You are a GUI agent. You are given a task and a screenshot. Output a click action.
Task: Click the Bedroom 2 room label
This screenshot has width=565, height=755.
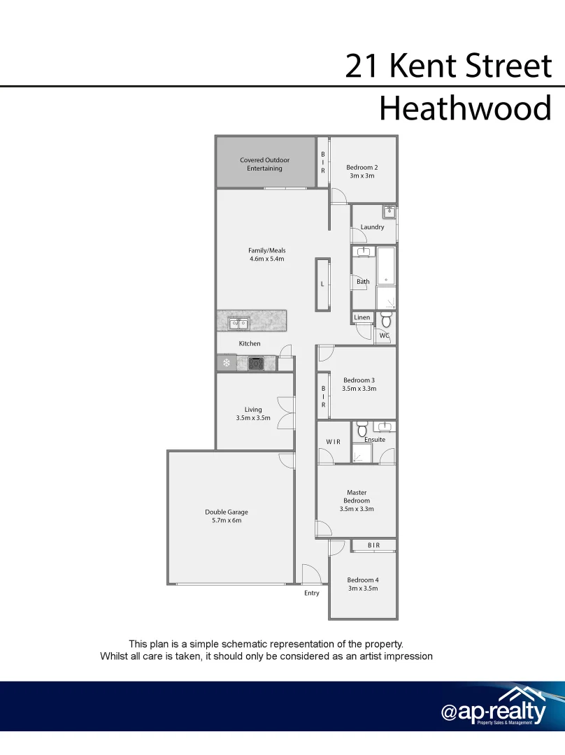click(362, 167)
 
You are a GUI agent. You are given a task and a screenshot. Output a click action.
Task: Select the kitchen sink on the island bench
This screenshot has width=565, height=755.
click(238, 323)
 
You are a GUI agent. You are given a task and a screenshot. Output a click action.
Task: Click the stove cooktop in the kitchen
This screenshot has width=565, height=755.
click(256, 364)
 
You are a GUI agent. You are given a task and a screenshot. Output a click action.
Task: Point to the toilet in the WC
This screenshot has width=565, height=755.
click(385, 320)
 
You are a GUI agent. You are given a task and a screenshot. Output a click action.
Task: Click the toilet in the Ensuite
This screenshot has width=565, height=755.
click(362, 429)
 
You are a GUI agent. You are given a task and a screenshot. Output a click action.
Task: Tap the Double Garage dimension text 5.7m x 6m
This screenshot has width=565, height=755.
click(226, 521)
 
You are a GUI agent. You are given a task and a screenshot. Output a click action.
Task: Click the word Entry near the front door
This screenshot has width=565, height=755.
click(312, 593)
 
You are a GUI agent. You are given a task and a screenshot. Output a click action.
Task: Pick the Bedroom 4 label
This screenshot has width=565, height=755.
click(363, 580)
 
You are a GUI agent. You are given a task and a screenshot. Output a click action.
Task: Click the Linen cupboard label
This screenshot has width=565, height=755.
click(362, 317)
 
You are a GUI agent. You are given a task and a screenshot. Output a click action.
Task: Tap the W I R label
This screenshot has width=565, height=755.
click(333, 441)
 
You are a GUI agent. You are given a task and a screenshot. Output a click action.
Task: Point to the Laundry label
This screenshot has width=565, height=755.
click(372, 227)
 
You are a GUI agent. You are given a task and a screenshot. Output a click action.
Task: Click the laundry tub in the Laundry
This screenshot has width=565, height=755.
click(389, 212)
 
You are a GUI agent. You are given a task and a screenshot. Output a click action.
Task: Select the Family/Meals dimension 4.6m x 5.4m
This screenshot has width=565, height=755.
click(266, 259)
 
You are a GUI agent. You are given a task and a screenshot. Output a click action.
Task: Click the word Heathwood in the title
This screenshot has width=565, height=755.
click(465, 109)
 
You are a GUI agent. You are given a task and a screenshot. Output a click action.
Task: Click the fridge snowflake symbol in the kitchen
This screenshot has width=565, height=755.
click(226, 363)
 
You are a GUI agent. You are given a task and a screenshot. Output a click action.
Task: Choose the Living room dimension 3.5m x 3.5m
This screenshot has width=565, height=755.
click(253, 418)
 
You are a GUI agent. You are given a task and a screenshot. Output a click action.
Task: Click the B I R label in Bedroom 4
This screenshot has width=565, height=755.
click(373, 545)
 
